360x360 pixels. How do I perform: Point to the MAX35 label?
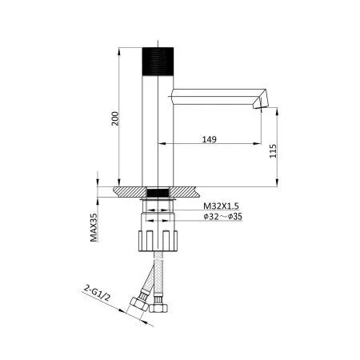point(94,227)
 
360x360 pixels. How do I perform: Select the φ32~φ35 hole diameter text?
point(222,216)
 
